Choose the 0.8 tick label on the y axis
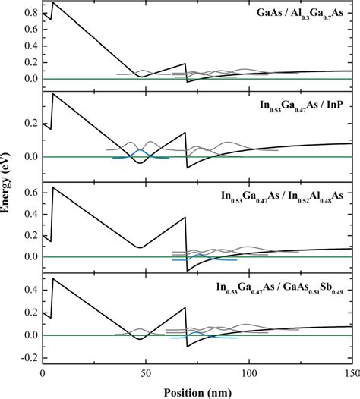[30, 14]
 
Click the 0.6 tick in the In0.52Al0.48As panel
[30, 193]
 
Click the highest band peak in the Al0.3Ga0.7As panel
[52, 3]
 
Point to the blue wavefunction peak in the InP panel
[139, 150]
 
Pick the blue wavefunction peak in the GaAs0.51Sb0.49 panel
[197, 332]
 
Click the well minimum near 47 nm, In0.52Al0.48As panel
[139, 247]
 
